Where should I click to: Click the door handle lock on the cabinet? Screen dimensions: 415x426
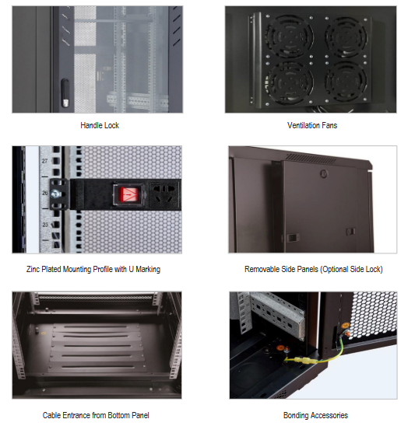(65, 93)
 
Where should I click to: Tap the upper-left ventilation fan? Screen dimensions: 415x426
(289, 36)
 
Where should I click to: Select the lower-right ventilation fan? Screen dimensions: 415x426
(346, 82)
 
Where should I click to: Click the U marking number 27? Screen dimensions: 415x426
(44, 161)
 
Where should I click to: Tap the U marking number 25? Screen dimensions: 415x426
(45, 225)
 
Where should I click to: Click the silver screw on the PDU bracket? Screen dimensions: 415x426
(55, 193)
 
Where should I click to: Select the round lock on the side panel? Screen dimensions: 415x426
(324, 173)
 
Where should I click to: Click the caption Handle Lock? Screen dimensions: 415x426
(100, 125)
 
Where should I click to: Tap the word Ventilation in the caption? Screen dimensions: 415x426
(304, 125)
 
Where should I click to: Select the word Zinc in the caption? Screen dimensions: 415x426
(33, 269)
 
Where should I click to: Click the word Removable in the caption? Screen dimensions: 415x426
(262, 269)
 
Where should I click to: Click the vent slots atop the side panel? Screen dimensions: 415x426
(311, 159)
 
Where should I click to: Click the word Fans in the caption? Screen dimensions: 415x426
(330, 125)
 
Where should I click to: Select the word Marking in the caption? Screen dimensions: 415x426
(148, 269)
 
